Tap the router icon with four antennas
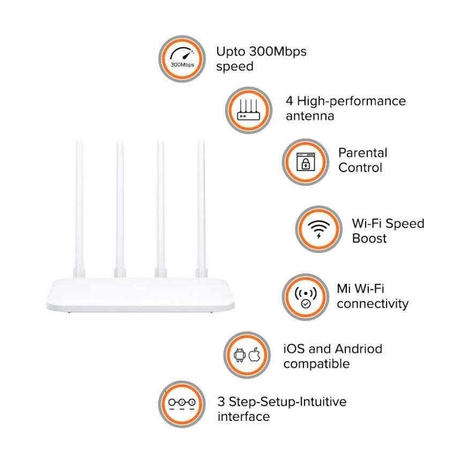[x=249, y=110]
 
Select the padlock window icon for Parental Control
[x=306, y=162]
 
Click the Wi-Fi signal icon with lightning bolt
[x=319, y=229]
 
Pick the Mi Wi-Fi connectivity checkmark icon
[x=306, y=297]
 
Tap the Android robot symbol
[x=240, y=355]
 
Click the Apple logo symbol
[x=254, y=354]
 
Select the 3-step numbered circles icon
[x=182, y=404]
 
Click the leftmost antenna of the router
[x=79, y=209]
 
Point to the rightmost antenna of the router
[x=201, y=209]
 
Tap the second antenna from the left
[x=120, y=209]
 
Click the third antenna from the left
[x=161, y=209]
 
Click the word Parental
[x=362, y=153]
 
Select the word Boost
[x=369, y=238]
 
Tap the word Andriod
[x=359, y=348]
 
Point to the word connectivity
[x=373, y=304]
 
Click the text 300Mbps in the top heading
[x=278, y=51]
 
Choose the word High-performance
[x=351, y=101]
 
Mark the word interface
[x=243, y=417]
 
